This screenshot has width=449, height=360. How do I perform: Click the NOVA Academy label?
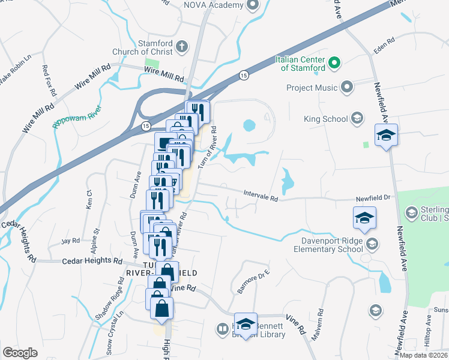tap(213, 5)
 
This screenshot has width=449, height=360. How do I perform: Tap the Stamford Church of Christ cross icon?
tap(182, 45)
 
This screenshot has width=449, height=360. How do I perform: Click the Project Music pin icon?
tap(346, 88)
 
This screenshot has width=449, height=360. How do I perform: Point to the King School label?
tap(326, 119)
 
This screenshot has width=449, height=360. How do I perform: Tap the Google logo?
tap(20, 353)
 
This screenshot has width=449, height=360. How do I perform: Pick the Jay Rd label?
tap(70, 241)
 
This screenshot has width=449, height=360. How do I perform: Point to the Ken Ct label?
tap(89, 199)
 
